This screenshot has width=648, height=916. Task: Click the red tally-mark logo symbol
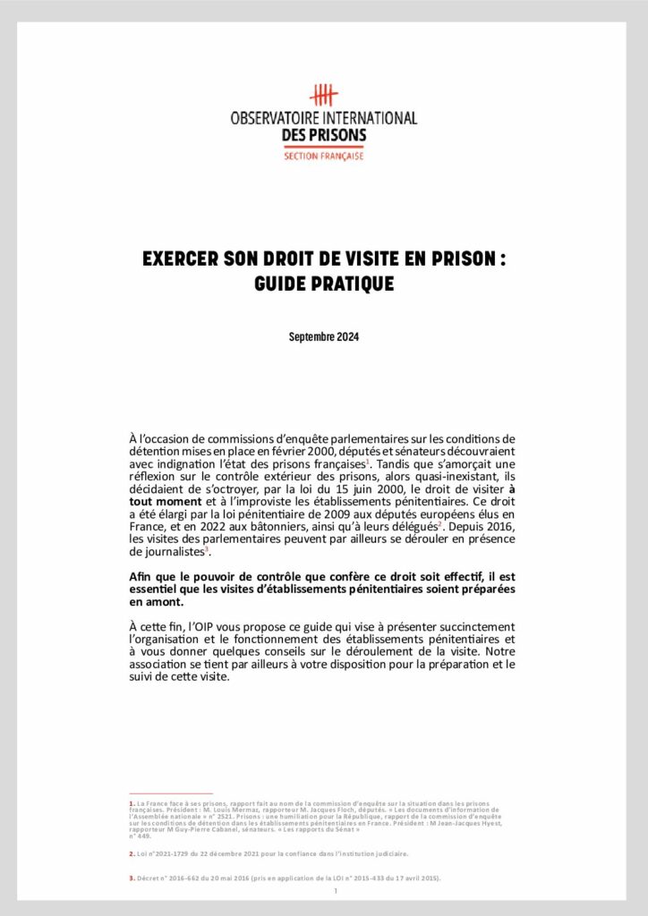tap(323, 96)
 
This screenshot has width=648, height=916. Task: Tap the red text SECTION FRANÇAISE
tap(323, 156)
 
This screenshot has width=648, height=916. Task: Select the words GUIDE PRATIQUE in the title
tap(323, 284)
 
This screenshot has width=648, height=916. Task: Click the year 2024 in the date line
tap(348, 337)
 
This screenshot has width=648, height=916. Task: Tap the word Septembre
tap(311, 337)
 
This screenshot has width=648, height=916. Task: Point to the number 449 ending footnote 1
tap(143, 835)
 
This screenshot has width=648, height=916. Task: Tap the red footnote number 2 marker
tap(132, 853)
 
